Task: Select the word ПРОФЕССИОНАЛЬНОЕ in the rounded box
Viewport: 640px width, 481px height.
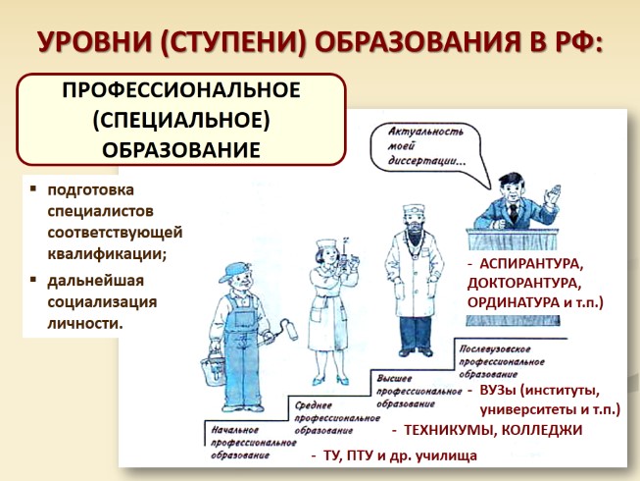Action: pos(181,91)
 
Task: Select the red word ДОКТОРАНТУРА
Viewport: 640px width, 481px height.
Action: pos(524,284)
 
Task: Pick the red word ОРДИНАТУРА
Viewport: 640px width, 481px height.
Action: pos(513,303)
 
